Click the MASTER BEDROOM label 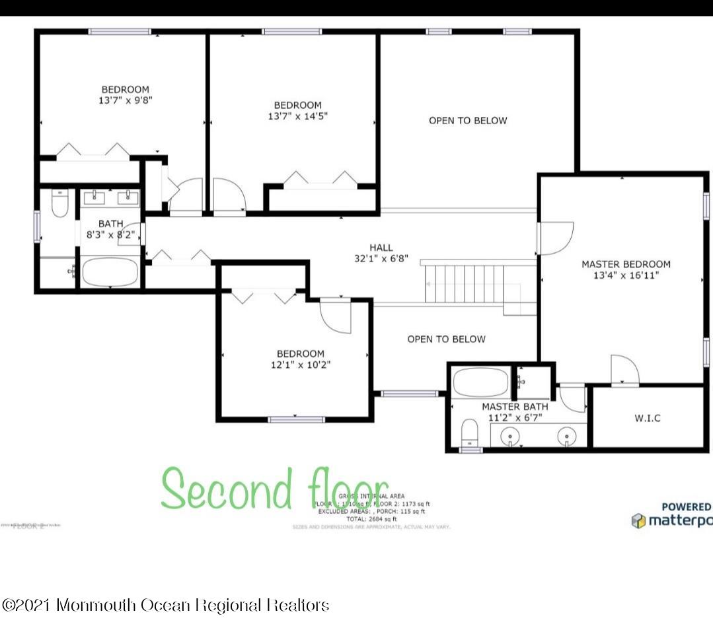[x=625, y=264]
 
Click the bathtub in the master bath [x=480, y=382]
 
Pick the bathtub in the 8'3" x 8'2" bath [x=110, y=271]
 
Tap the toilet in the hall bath [x=59, y=204]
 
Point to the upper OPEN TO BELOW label [x=468, y=120]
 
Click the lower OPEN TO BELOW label [x=446, y=339]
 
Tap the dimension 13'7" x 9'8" [x=125, y=100]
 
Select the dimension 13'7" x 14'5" [x=298, y=116]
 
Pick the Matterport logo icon [x=638, y=521]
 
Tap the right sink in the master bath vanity [x=566, y=436]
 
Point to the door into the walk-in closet [x=624, y=370]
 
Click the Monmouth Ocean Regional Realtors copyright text [x=166, y=604]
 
